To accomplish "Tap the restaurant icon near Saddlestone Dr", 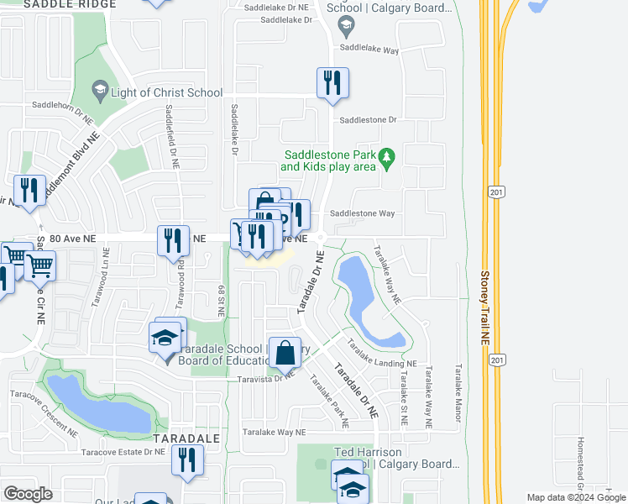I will click(332, 83).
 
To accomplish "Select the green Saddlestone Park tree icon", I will click(386, 157).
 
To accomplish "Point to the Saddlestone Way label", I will click(362, 213).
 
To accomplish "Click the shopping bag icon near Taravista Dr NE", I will click(285, 352).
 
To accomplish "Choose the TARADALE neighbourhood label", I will click(186, 438).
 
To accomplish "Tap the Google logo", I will click(28, 494).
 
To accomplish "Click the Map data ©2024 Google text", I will click(575, 497).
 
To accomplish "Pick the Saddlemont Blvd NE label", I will click(71, 167).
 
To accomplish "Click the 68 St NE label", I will click(222, 300).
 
